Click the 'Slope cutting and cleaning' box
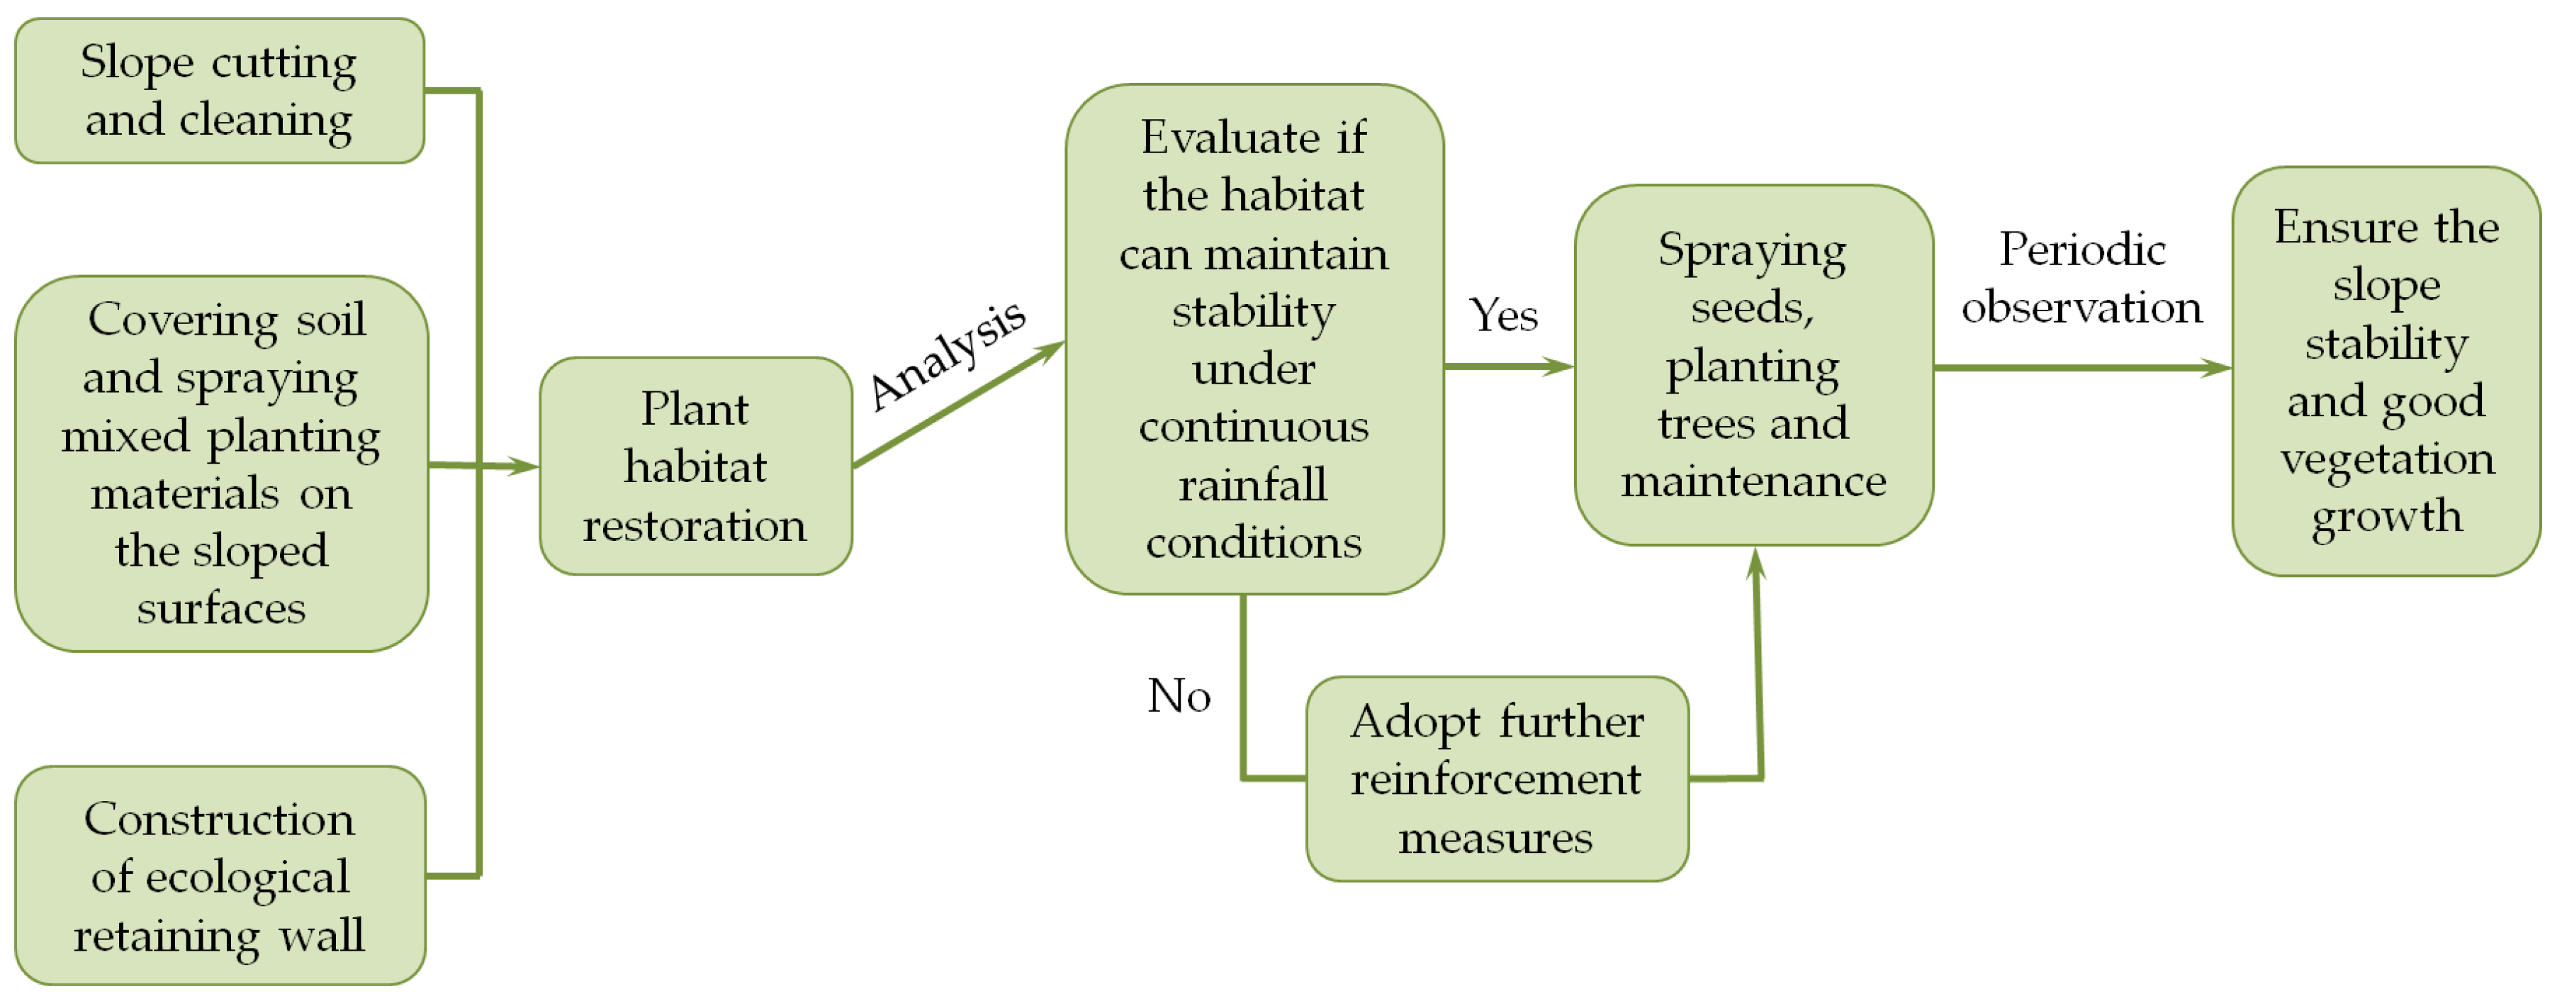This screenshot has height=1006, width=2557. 220,90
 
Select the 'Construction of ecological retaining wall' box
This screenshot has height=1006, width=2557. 220,875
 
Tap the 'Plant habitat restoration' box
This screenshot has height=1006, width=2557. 695,466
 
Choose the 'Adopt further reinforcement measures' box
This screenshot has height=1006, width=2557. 1496,778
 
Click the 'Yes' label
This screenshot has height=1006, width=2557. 1503,315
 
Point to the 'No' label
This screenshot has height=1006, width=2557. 1179,695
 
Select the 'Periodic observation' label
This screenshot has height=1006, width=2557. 2081,278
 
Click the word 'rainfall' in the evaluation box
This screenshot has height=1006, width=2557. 1253,486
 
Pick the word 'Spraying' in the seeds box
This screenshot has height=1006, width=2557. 1752,252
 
